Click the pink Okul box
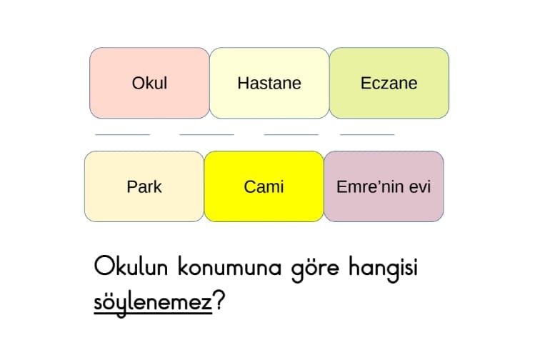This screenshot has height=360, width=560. [x=149, y=83]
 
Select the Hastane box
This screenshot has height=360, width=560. [x=269, y=83]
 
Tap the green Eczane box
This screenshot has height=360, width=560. [x=389, y=83]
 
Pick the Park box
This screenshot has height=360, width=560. [x=144, y=186]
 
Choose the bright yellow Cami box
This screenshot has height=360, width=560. [x=264, y=186]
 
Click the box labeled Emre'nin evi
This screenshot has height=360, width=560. [x=384, y=186]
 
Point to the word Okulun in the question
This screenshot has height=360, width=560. [x=131, y=266]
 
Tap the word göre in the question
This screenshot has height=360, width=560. [x=315, y=269]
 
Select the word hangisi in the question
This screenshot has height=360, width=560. [x=383, y=269]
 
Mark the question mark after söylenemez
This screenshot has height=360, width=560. [x=219, y=300]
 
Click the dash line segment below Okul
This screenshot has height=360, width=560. [x=123, y=134]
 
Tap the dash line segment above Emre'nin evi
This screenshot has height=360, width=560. [x=367, y=134]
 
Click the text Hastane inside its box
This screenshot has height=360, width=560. [x=269, y=83]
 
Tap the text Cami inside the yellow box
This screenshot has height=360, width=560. [x=264, y=187]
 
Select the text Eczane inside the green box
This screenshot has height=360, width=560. [x=389, y=83]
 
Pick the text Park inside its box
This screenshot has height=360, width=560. [x=144, y=187]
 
